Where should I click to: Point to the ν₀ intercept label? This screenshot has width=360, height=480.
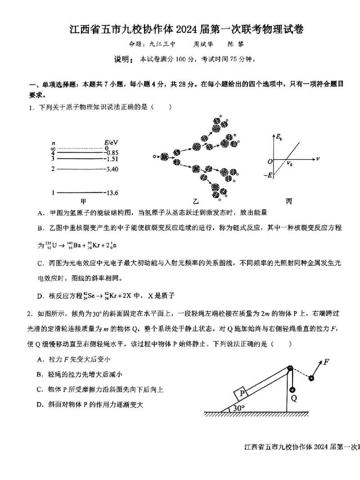click(289, 164)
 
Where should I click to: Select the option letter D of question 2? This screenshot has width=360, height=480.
click(40, 405)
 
